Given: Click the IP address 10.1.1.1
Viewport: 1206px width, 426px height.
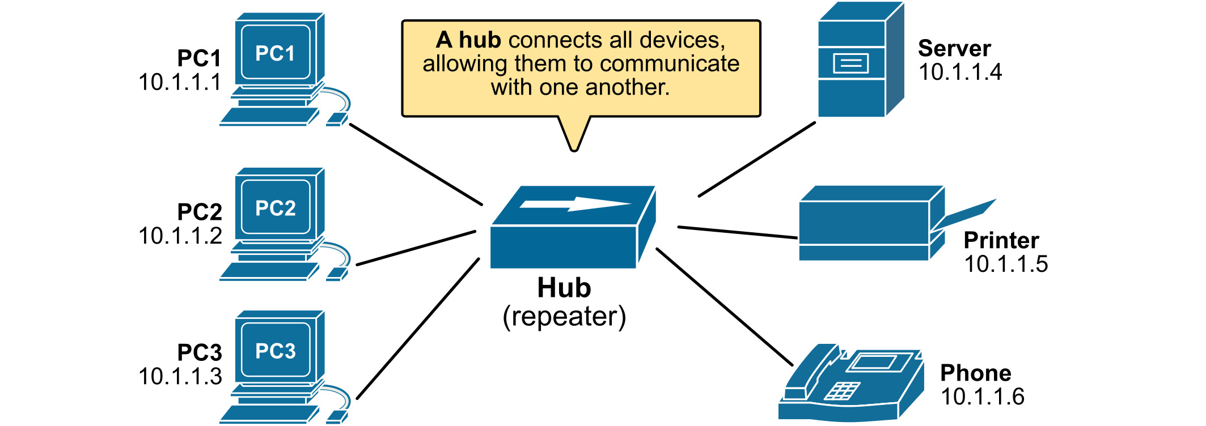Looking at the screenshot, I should tap(180, 83).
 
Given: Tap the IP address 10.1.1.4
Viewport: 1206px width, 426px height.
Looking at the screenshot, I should tap(960, 73).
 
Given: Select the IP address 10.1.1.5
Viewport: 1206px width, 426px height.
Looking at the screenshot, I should tap(1006, 265).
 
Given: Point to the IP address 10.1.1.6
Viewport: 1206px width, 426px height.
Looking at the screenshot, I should tap(983, 397).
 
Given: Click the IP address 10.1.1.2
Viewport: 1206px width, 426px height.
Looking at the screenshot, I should tap(180, 236).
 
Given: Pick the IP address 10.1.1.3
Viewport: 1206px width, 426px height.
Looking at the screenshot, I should tap(180, 377).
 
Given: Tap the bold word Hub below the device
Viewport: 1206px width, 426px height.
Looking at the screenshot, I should tap(564, 288).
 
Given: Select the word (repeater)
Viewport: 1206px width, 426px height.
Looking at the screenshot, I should tap(564, 317).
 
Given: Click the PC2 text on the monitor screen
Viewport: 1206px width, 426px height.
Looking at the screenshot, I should tap(276, 208).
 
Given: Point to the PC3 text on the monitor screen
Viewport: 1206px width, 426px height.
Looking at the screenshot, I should tap(276, 351).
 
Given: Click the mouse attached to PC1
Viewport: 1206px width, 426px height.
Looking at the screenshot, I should tap(337, 119).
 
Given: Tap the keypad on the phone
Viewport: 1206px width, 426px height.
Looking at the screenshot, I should tap(841, 391).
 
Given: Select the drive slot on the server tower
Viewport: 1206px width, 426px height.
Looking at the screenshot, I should tap(850, 63).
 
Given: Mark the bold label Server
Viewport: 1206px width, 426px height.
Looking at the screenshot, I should tap(954, 49).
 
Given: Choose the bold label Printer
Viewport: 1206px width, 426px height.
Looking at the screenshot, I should tap(1001, 240).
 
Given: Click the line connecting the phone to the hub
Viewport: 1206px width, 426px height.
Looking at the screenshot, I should tap(724, 306).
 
